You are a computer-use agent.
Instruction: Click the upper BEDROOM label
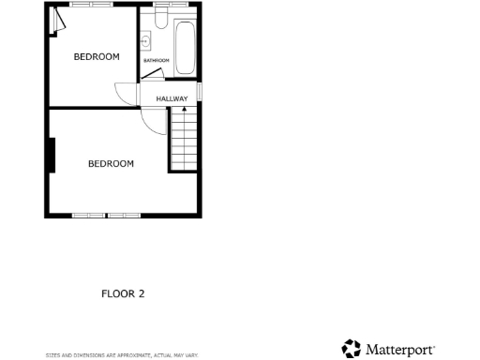97,57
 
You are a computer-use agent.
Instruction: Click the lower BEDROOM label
111,164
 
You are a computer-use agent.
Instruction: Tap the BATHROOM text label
156,61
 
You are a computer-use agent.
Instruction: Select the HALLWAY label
172,99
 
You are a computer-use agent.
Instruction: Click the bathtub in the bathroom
184,47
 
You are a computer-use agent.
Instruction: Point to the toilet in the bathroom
160,18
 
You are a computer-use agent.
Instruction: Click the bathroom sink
146,41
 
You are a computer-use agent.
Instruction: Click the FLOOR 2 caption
123,293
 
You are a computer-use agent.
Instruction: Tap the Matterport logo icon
352,349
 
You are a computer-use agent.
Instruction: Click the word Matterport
399,350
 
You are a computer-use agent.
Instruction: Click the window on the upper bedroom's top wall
90,5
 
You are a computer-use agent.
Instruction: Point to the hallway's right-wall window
199,90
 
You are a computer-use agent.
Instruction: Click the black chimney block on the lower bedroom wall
52,155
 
